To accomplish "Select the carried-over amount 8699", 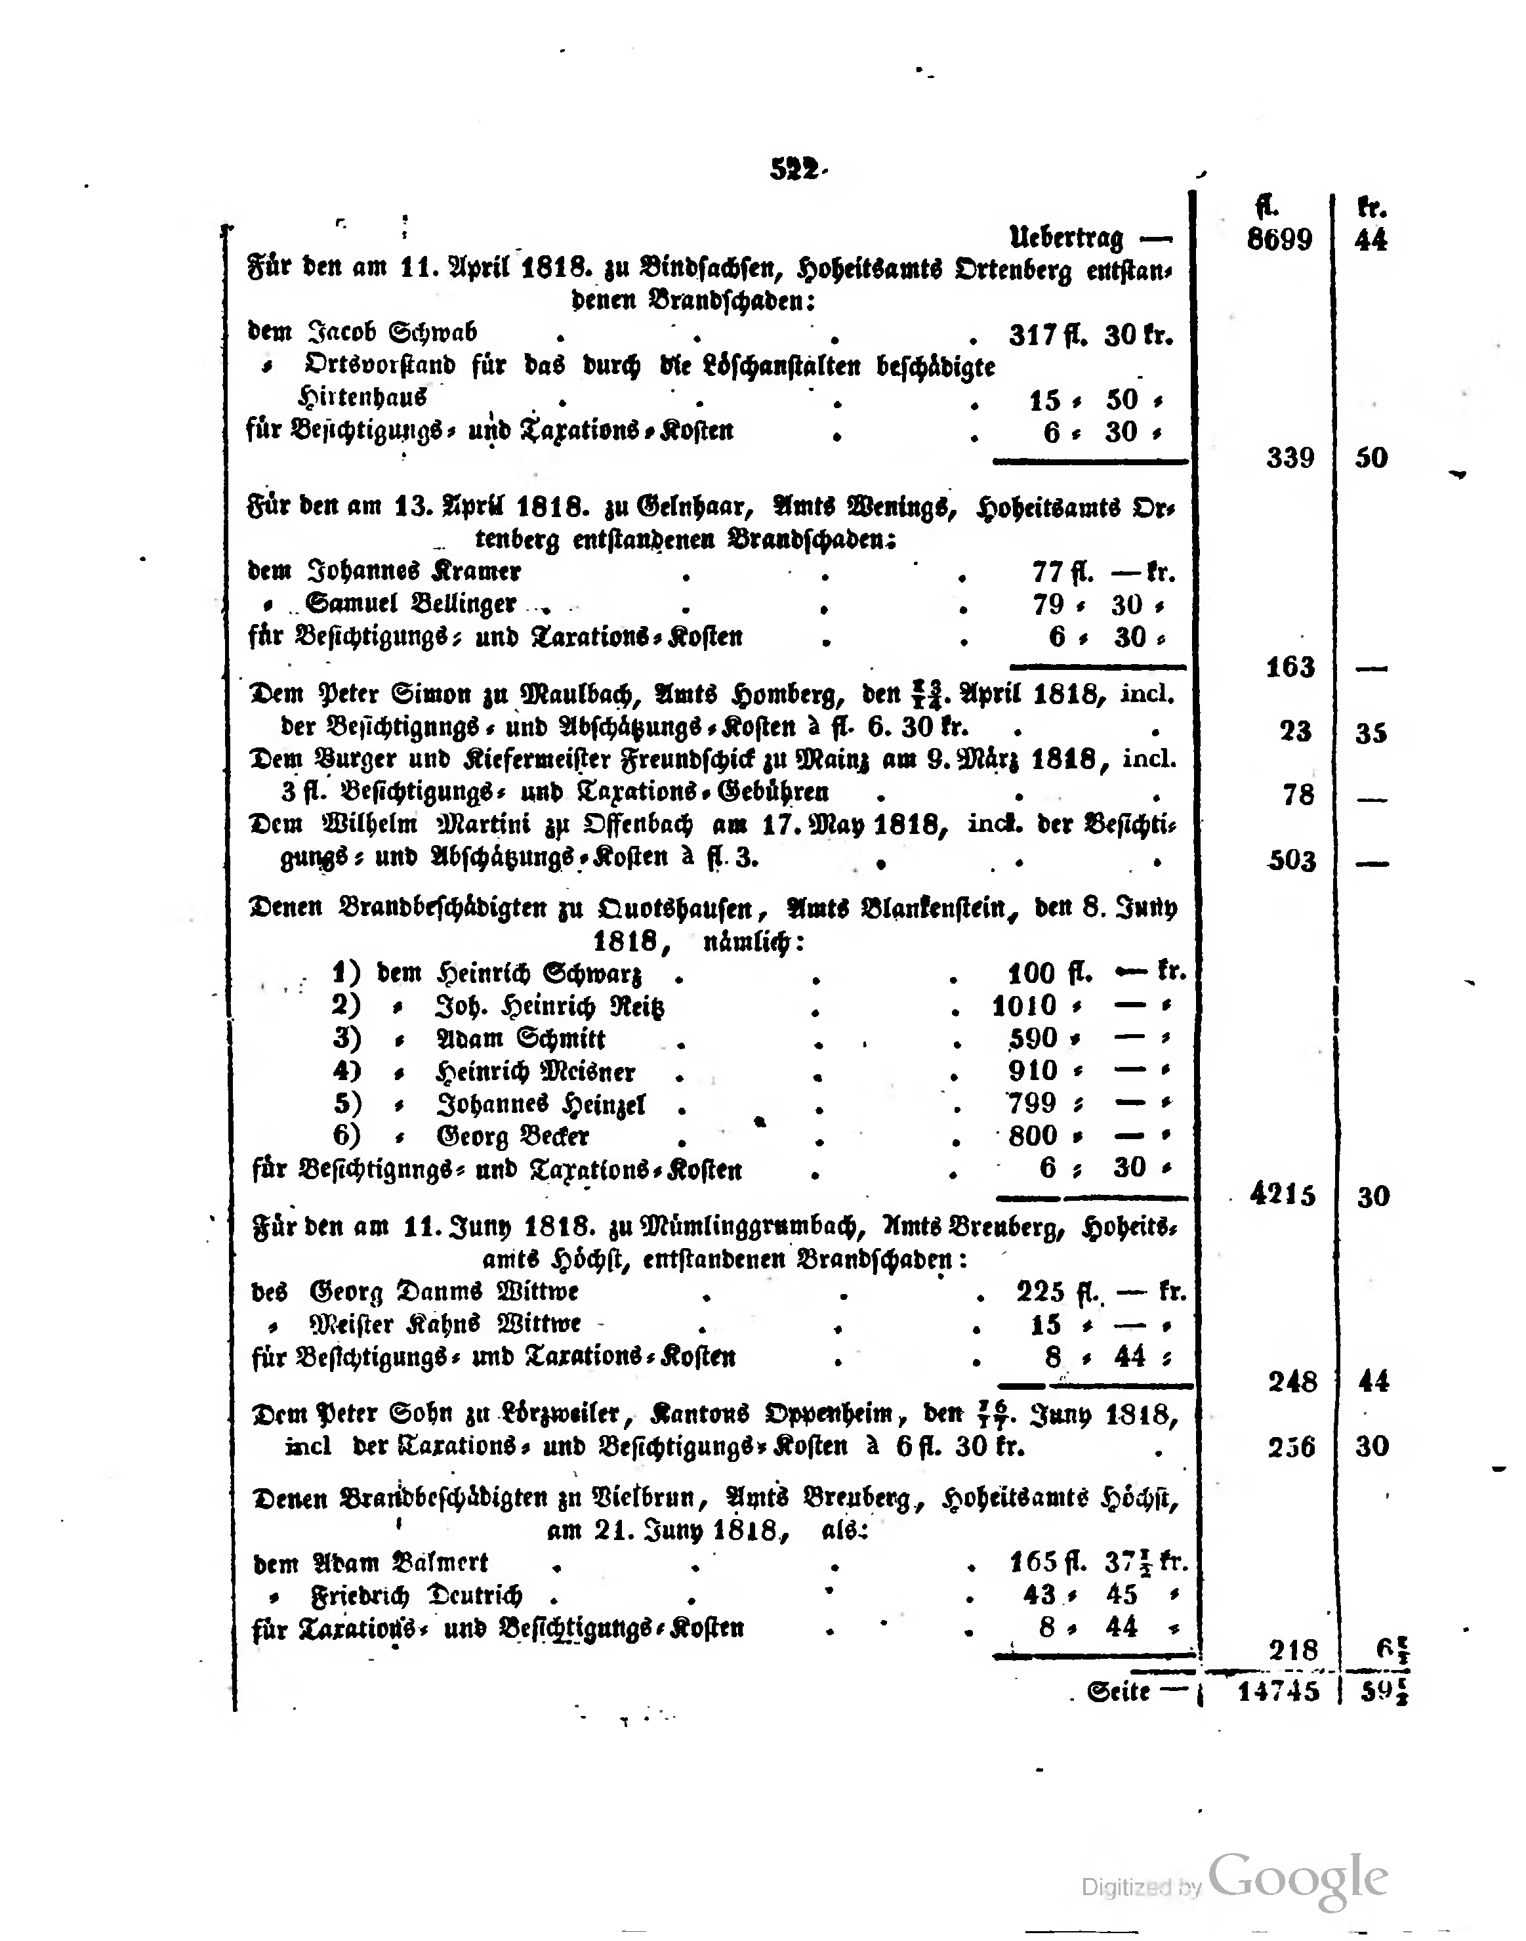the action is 1279,240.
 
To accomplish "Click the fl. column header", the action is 1266,207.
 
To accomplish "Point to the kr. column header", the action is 1371,208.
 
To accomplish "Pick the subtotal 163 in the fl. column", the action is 1290,667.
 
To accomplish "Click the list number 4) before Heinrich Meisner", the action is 346,1071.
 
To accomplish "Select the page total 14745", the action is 1277,1691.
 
